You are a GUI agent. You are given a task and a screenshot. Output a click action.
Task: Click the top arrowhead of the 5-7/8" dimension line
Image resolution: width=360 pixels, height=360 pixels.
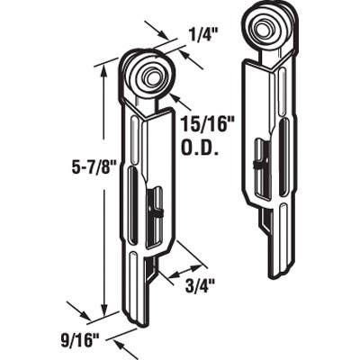coord(106,69)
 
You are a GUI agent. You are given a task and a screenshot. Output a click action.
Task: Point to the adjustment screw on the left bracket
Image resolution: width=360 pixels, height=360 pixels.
coord(156,212)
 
